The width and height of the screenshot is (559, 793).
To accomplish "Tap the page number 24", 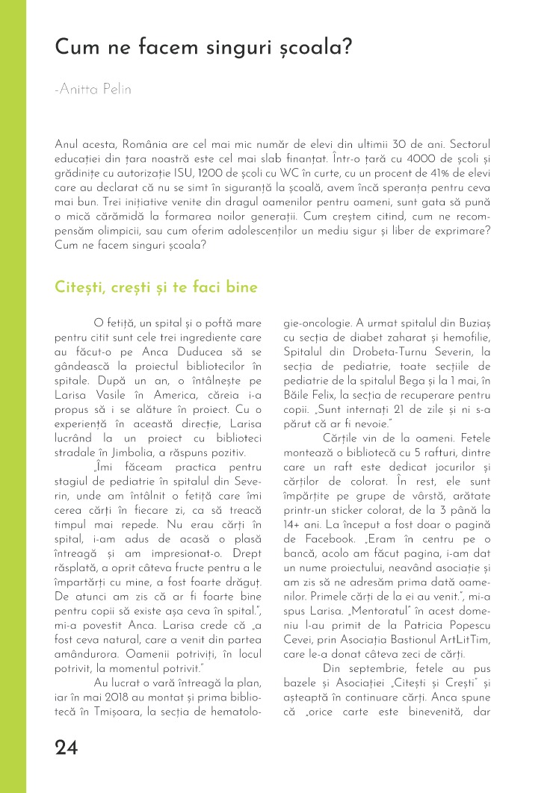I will coord(70,747).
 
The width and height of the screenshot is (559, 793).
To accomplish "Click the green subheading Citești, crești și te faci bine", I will coord(156,287).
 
